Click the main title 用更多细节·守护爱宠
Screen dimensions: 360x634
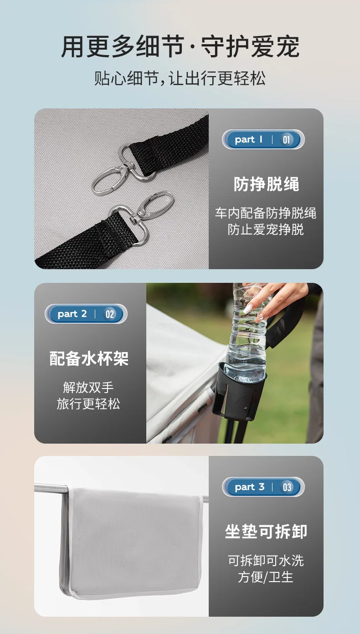[x=180, y=46]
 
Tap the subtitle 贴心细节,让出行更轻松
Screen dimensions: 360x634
[x=180, y=78]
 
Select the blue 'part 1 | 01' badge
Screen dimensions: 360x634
[x=263, y=139]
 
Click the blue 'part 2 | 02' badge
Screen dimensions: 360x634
[x=86, y=314]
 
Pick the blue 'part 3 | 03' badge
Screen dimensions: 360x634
[x=263, y=487]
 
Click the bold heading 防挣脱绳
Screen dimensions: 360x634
[x=266, y=184]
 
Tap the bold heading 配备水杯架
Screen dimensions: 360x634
[x=89, y=358]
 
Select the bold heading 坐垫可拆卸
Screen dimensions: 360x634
[x=266, y=531]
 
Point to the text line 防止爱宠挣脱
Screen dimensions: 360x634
[x=266, y=229]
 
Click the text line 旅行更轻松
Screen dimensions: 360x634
[x=88, y=404]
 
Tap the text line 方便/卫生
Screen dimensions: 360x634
[x=266, y=577]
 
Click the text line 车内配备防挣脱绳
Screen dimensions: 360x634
[x=266, y=213]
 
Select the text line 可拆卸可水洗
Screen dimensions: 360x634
[x=266, y=560]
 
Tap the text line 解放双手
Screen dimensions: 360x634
[x=88, y=387]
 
